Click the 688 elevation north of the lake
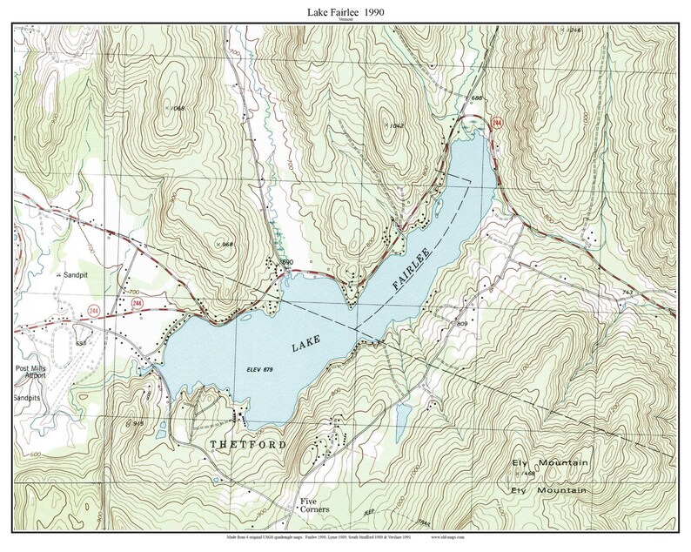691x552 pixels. click(475, 99)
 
